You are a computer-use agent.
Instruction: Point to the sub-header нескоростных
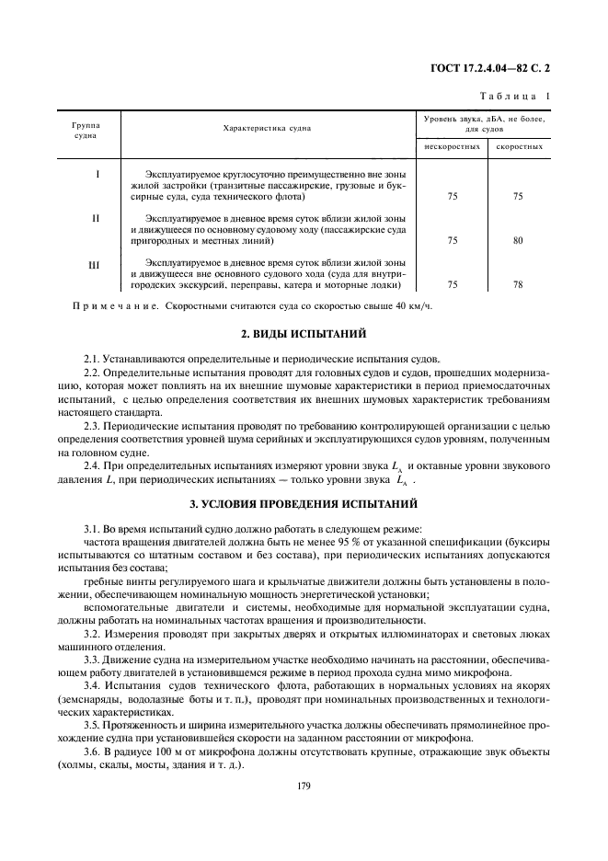tap(452, 146)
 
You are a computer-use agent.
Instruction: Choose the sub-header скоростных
tap(519, 146)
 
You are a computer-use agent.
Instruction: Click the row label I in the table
tap(98, 174)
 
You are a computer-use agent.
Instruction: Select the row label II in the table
tap(96, 219)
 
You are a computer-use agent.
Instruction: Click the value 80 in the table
tap(518, 240)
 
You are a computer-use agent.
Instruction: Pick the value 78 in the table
tap(518, 285)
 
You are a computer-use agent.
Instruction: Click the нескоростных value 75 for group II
tap(452, 240)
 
